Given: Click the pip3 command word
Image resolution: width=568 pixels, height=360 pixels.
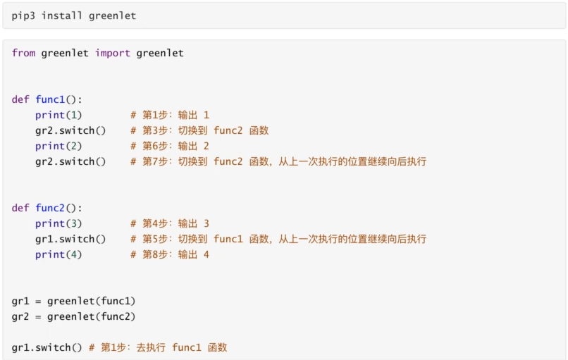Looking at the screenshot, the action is [x=23, y=16].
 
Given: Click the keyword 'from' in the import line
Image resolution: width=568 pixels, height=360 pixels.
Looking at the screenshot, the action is [x=23, y=53].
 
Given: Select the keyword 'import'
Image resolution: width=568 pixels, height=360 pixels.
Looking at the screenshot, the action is [x=113, y=54].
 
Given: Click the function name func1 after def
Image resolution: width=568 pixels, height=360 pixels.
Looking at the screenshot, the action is [x=50, y=99].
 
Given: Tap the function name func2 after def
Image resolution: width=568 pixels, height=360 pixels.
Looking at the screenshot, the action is [x=50, y=208].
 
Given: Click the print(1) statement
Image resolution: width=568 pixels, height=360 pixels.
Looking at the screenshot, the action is [x=58, y=115].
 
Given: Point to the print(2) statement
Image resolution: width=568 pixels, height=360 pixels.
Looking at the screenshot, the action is [x=58, y=147].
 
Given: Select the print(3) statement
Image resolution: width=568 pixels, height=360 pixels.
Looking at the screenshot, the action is [x=58, y=224].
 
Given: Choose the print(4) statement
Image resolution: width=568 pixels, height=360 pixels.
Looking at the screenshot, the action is [x=58, y=255].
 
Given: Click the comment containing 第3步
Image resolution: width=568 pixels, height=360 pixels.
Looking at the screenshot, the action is [x=199, y=130].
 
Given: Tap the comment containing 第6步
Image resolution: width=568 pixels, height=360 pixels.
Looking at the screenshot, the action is [x=170, y=146].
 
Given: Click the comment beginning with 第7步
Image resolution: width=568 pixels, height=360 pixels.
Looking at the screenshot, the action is [x=278, y=161].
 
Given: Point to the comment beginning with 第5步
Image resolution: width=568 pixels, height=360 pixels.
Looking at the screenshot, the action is [x=278, y=239].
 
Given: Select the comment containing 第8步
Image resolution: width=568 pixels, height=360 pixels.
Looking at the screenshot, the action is [x=170, y=254].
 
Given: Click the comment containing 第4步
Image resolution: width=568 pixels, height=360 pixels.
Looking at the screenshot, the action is [x=170, y=223].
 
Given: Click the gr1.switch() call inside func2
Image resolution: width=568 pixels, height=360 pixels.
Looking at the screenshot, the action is [x=70, y=239].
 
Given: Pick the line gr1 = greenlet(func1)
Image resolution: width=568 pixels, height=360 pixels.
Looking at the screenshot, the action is [x=73, y=302].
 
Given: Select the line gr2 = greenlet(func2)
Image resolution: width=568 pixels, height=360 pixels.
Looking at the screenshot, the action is [x=73, y=317].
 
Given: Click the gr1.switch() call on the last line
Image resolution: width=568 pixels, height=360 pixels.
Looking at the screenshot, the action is [x=47, y=348].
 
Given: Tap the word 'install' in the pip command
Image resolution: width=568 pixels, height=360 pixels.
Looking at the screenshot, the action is [x=62, y=16].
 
